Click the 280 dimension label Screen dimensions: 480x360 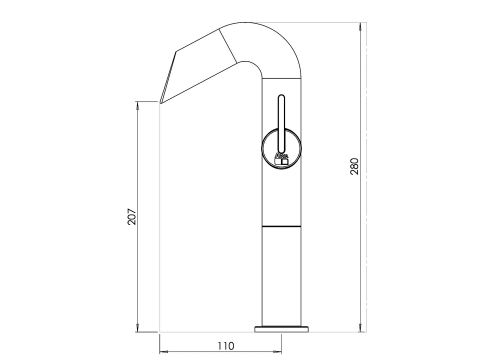355,166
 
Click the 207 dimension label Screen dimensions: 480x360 132,216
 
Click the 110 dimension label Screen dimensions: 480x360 226,346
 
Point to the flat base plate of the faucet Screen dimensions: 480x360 281,329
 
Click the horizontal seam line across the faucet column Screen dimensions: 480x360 281,226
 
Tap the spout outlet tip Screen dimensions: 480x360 160,102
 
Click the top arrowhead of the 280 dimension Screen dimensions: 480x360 360,26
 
